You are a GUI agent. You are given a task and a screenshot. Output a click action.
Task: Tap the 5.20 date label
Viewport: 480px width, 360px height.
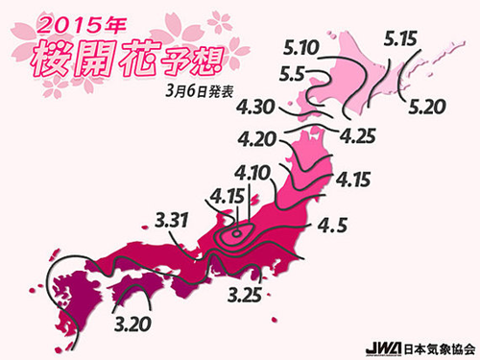point(428,106)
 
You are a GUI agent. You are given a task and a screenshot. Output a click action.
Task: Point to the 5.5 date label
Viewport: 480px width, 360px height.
point(299,73)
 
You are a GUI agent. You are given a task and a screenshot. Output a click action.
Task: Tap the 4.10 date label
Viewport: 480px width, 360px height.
point(277,175)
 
